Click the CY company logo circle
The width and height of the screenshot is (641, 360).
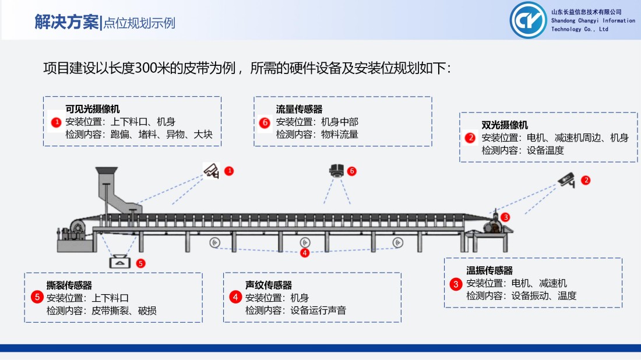point(528,20)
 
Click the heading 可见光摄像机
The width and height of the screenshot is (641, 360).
point(93,109)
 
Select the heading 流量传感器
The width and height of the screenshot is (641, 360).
point(300,109)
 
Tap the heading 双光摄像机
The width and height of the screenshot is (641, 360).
point(505,125)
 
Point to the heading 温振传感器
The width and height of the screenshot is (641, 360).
point(489,270)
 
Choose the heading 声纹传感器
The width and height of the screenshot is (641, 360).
point(269,285)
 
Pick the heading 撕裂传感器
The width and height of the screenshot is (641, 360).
point(69,285)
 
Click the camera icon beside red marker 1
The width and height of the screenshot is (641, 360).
point(212,171)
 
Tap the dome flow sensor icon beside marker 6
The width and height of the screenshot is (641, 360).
point(336,171)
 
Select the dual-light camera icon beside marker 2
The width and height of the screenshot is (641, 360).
point(567,180)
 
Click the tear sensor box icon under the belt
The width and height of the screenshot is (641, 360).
point(120,262)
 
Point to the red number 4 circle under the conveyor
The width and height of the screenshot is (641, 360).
point(305,253)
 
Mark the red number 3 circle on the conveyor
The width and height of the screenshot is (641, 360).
point(505,217)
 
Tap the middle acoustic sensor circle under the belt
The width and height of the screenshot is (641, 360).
point(305,242)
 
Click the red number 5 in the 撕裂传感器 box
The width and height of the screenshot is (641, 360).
point(37,297)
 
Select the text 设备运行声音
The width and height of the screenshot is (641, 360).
point(318,310)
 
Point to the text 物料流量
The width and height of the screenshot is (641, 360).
point(340,135)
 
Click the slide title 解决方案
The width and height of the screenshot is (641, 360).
point(66,22)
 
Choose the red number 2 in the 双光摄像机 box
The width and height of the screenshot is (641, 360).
point(470,137)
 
